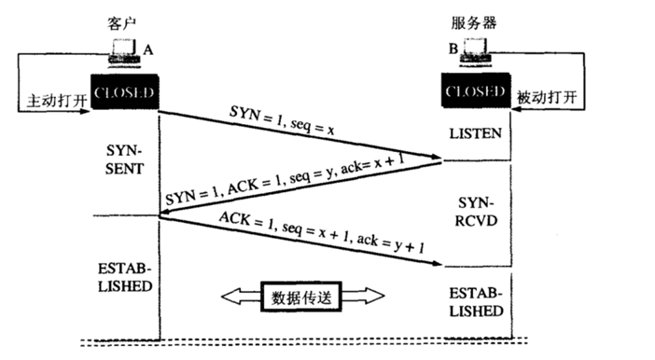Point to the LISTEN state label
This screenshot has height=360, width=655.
(475, 134)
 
